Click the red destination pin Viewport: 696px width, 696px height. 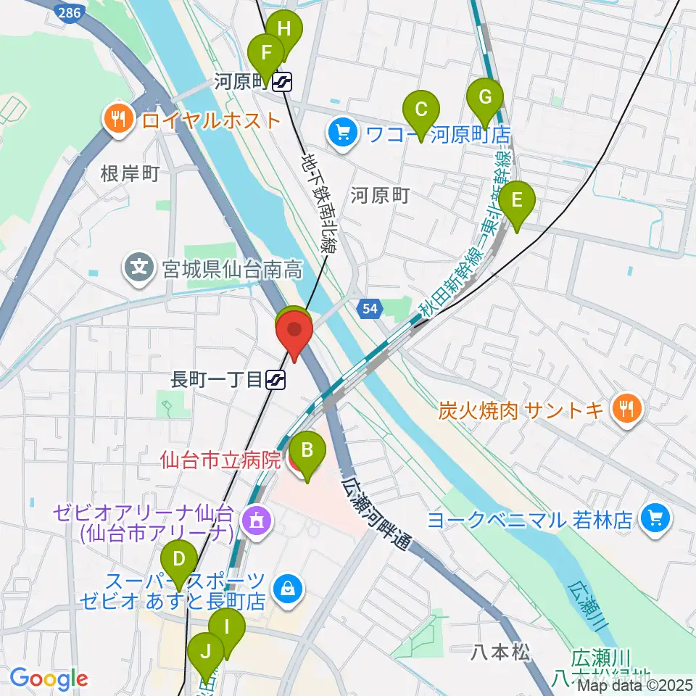pyautogui.click(x=294, y=336)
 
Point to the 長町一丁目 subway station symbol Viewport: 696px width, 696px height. pyautogui.click(x=275, y=378)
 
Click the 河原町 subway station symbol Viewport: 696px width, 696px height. pyautogui.click(x=282, y=83)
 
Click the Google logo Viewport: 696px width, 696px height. pyautogui.click(x=48, y=679)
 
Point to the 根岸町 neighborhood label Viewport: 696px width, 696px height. pyautogui.click(x=130, y=173)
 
